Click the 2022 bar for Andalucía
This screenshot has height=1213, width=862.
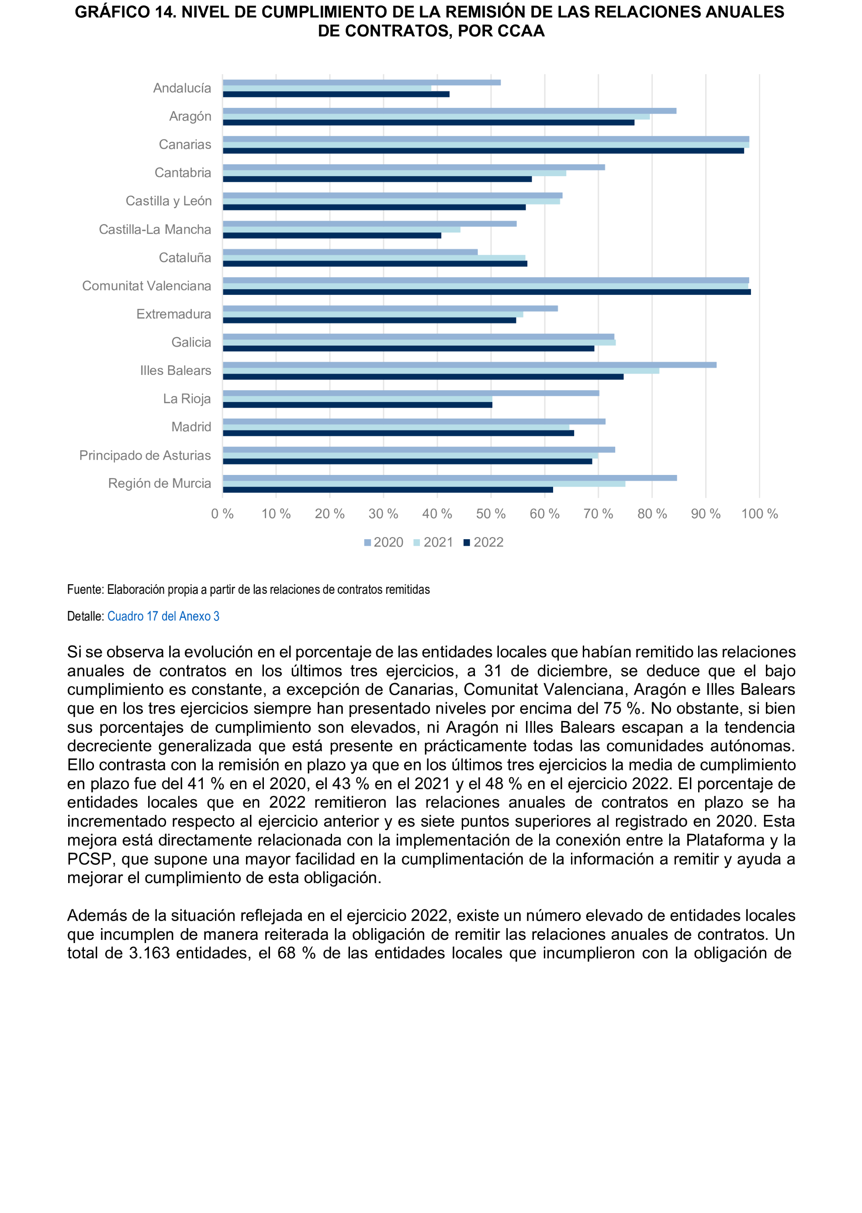(x=336, y=94)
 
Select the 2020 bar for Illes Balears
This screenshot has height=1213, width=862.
(x=469, y=365)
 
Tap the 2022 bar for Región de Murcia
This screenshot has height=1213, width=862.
(x=388, y=489)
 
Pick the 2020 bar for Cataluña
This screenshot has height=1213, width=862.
(x=350, y=252)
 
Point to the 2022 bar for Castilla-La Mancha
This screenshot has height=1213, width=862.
(x=332, y=235)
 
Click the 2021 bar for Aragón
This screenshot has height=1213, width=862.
(x=436, y=117)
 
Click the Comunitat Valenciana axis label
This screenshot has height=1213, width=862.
(x=146, y=286)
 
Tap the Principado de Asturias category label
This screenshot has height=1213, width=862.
(x=145, y=455)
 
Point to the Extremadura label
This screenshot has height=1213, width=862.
(x=173, y=314)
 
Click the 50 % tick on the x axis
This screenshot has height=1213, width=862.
(x=491, y=513)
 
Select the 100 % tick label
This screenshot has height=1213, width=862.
(x=759, y=513)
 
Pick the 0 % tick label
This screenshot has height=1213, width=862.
(x=222, y=513)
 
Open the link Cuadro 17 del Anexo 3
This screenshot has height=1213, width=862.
(x=163, y=616)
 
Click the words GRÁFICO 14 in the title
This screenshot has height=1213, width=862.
(x=125, y=12)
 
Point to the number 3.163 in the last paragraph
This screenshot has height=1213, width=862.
(x=149, y=953)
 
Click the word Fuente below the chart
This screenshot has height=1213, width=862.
(x=84, y=589)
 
